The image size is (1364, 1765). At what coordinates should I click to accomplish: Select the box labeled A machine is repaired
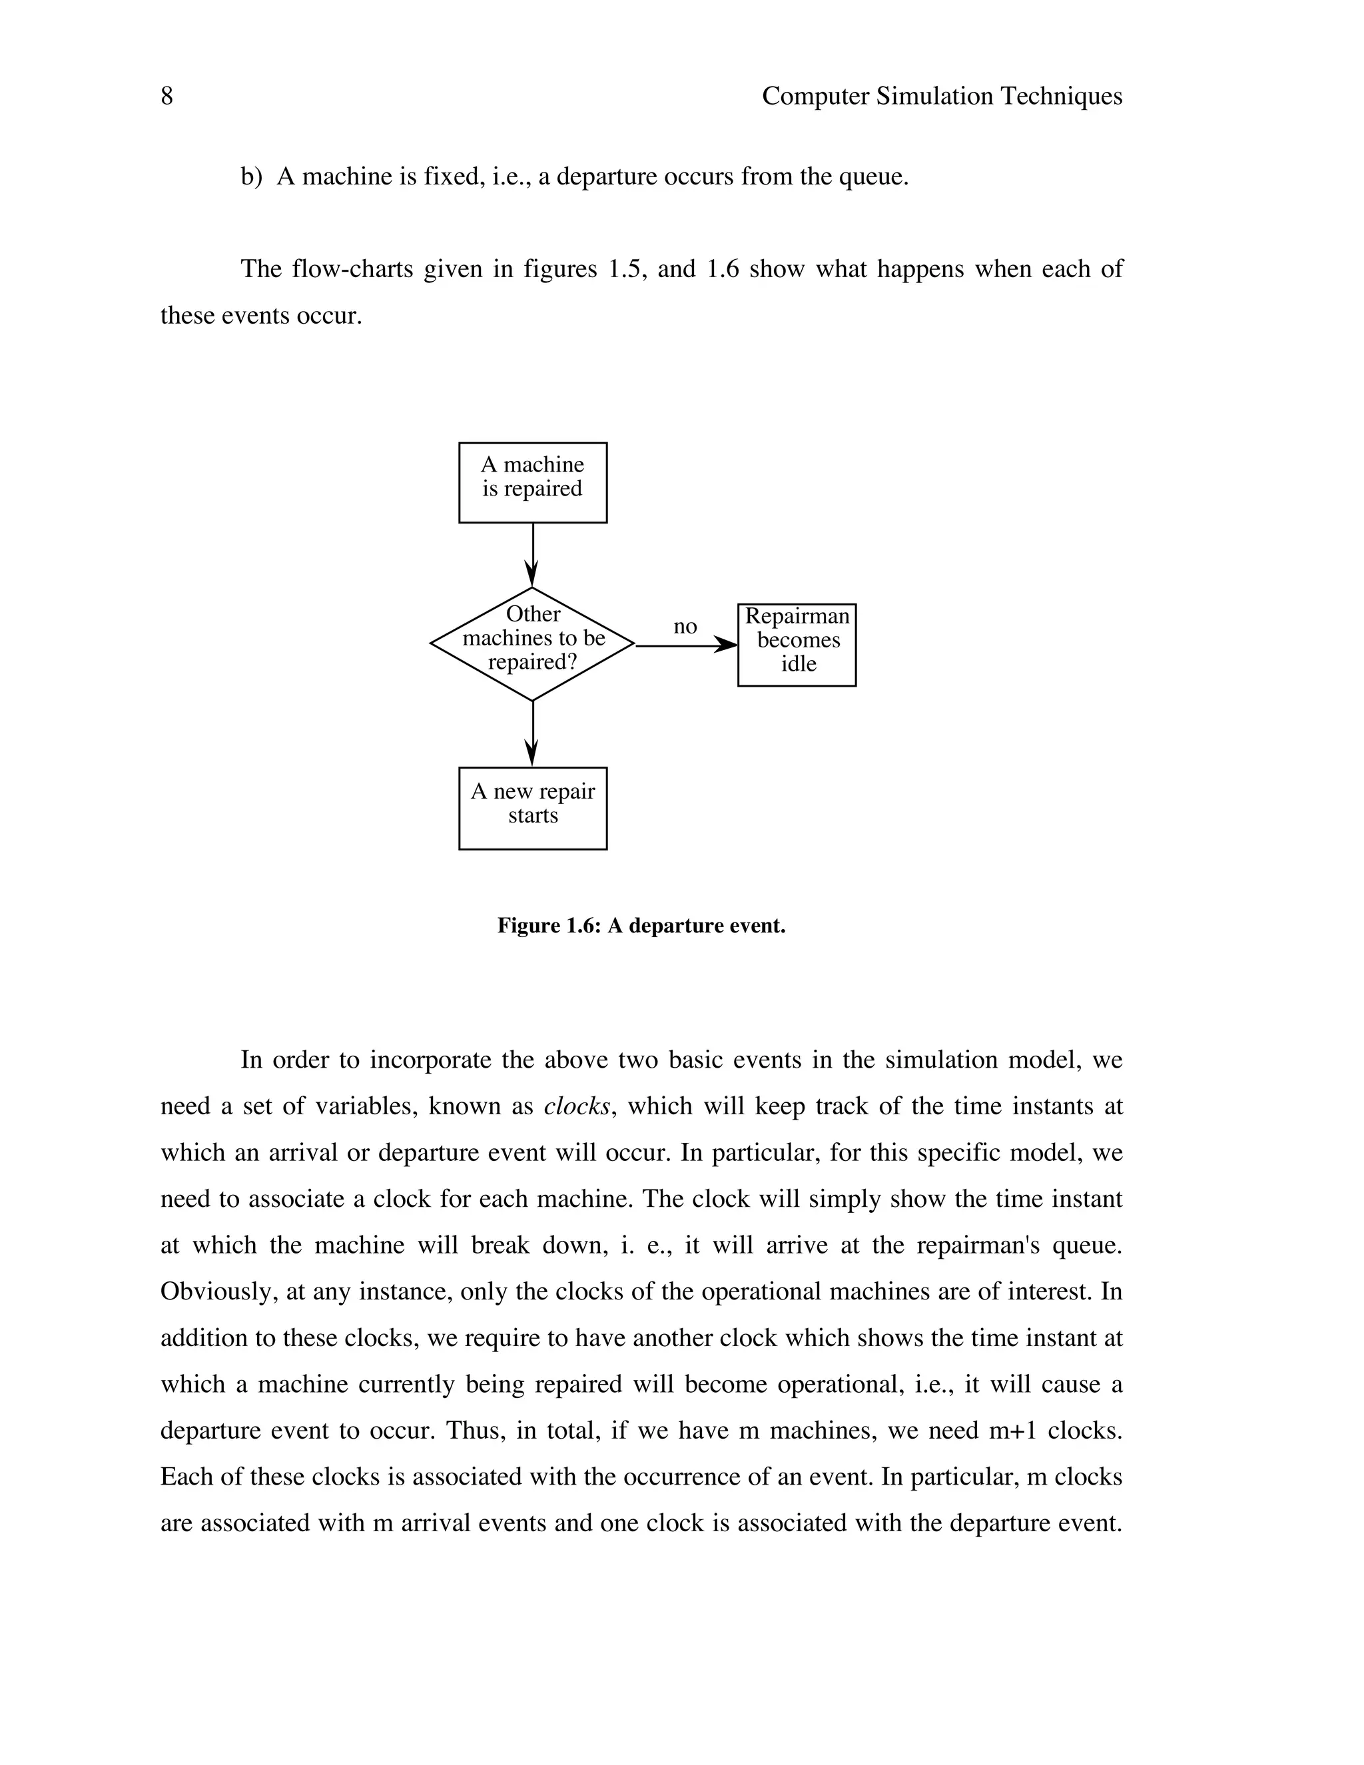533,482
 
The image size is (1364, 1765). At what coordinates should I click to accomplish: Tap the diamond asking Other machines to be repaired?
533,643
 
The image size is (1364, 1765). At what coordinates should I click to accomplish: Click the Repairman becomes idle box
797,645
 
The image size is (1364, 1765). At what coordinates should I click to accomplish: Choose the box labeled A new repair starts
533,808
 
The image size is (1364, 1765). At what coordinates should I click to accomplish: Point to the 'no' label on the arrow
685,626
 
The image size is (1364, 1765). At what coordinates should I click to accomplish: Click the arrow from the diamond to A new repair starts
533,733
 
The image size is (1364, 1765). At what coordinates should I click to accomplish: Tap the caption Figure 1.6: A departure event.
641,925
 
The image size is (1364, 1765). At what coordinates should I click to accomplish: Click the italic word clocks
576,1106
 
